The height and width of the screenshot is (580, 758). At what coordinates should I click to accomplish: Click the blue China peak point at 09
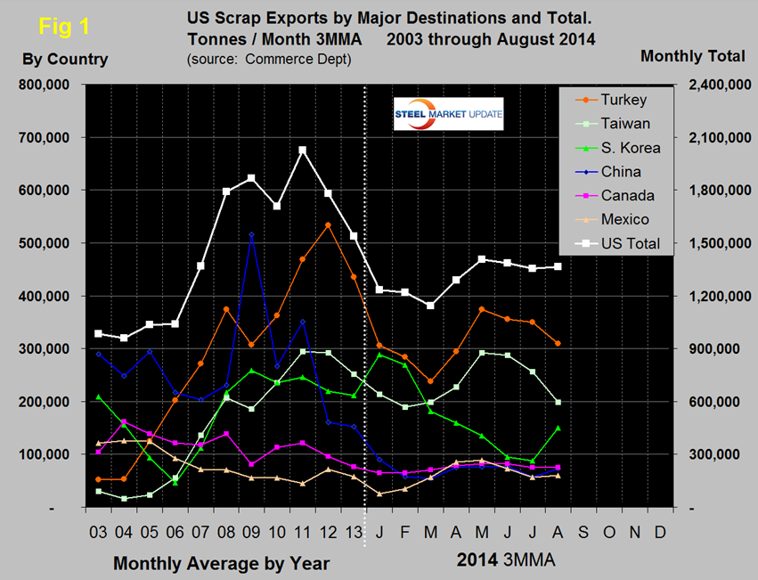[251, 234]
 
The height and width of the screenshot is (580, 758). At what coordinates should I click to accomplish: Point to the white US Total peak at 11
[303, 150]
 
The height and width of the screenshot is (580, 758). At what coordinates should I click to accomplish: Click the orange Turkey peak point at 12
[329, 225]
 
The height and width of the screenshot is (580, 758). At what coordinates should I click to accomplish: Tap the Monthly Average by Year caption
[221, 563]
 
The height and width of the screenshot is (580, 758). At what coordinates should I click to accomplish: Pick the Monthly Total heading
[692, 56]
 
